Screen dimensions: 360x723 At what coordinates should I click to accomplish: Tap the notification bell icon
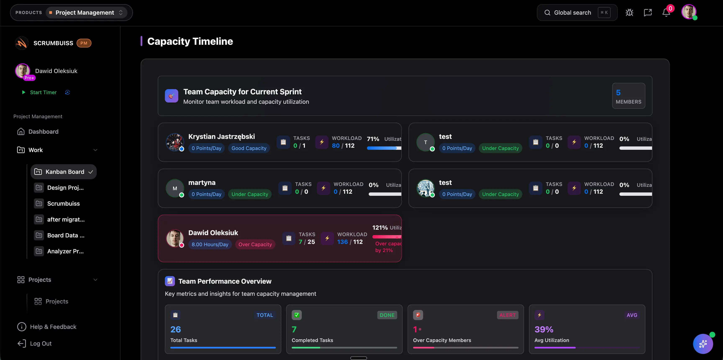(666, 13)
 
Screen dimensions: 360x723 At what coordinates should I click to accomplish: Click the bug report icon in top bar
(629, 13)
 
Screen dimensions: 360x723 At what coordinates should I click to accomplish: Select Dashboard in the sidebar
(43, 132)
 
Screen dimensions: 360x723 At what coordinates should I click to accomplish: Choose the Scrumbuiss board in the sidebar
(63, 204)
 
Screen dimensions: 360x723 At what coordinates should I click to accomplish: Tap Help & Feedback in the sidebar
(53, 327)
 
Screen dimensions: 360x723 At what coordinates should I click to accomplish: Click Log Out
(41, 343)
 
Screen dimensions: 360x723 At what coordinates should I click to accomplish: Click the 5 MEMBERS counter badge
(628, 96)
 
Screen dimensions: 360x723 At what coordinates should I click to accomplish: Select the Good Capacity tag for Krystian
(249, 148)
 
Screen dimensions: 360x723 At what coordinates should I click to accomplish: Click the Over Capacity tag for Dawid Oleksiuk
(255, 244)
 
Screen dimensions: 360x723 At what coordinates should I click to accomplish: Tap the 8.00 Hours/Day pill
(210, 244)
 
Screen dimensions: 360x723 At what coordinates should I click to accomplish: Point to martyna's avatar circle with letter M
(175, 188)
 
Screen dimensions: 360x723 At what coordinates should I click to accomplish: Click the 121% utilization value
(380, 228)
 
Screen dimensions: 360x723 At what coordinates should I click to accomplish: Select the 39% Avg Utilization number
(544, 329)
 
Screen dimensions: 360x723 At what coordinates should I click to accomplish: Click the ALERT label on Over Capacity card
(507, 315)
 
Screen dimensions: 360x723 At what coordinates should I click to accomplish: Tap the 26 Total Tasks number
(175, 329)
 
